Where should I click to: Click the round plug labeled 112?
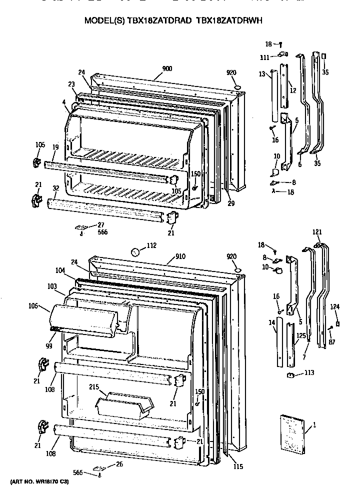click(x=134, y=251)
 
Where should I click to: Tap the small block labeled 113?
click(x=289, y=374)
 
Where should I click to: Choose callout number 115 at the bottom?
click(x=237, y=466)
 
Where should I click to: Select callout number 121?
click(x=317, y=231)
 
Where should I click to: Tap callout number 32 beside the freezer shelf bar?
click(x=56, y=188)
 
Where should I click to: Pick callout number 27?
click(x=100, y=224)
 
